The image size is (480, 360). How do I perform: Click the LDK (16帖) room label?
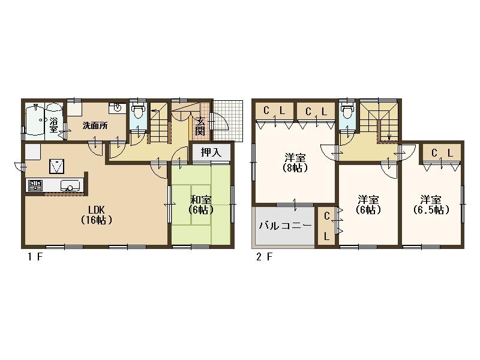[97, 215]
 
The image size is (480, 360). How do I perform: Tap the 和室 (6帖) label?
[201, 205]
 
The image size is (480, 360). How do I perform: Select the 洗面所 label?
[95, 125]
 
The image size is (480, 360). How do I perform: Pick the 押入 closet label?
[211, 152]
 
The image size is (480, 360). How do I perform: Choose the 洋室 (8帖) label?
[295, 163]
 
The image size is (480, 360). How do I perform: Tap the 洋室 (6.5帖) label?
[431, 205]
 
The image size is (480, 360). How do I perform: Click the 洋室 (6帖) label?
[368, 205]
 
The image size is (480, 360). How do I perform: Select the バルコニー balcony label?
[285, 226]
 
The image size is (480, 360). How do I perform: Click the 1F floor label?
[35, 257]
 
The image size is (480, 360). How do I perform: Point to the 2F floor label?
[264, 257]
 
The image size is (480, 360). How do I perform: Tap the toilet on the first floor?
[138, 111]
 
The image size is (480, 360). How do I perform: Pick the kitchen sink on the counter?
[70, 186]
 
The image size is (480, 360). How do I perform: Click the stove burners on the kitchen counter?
[35, 186]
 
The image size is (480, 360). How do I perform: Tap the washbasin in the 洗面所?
[118, 108]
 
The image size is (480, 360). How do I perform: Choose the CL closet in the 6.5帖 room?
[442, 154]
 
